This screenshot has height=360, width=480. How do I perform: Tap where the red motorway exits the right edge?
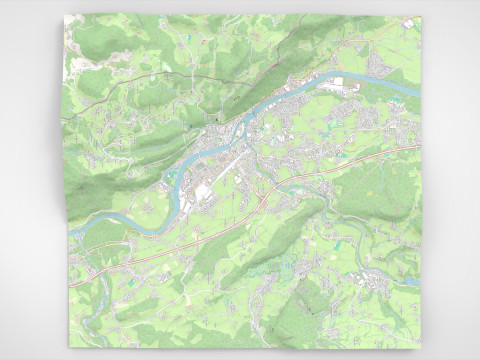click(421, 148)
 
